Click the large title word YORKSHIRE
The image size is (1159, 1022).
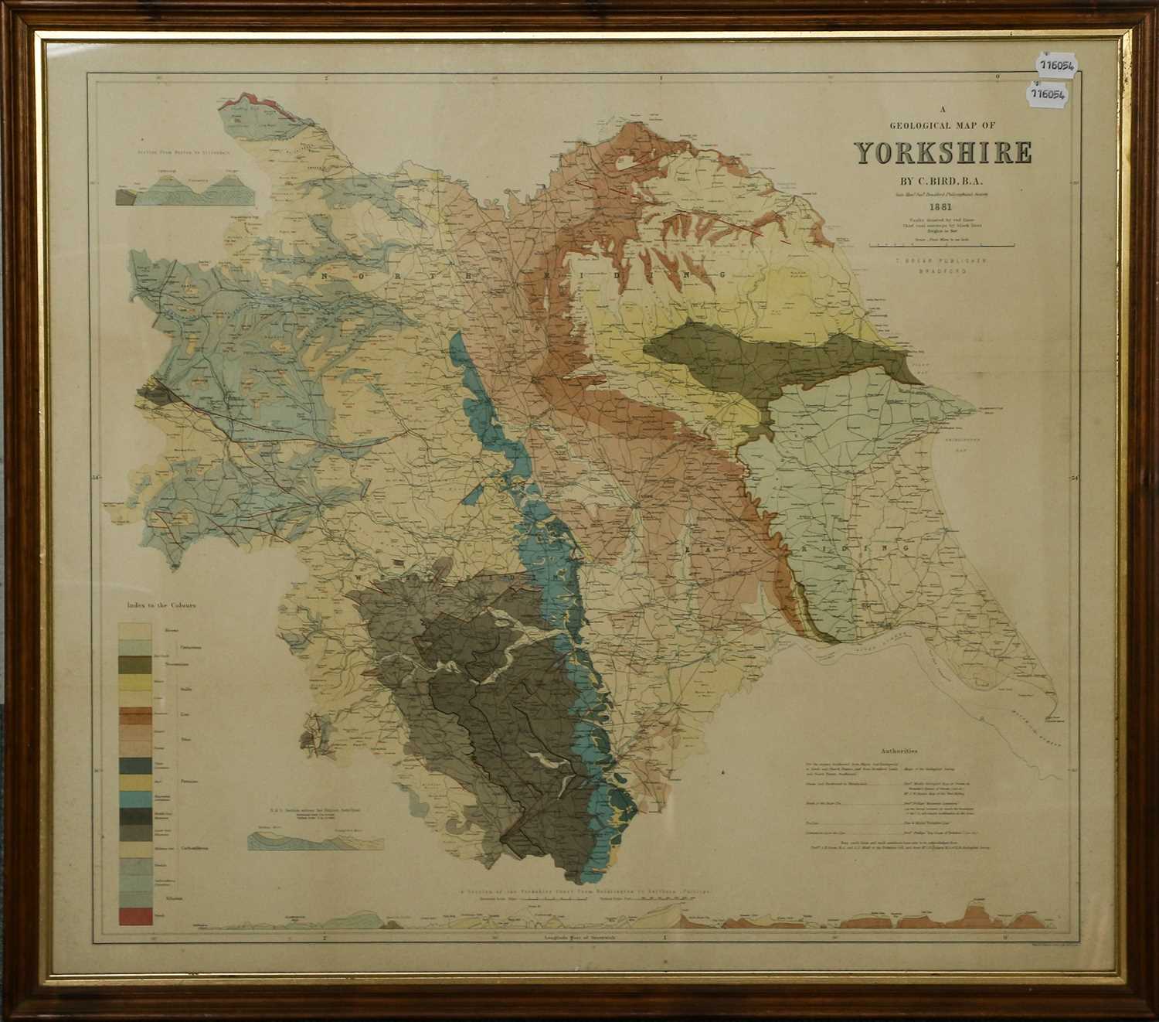point(943,152)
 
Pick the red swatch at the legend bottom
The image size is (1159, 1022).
point(134,915)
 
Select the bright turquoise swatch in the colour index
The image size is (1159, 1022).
point(134,799)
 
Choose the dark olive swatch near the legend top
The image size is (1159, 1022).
point(134,665)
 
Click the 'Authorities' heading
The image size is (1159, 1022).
point(898,750)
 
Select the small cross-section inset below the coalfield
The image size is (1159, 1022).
point(297,840)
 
